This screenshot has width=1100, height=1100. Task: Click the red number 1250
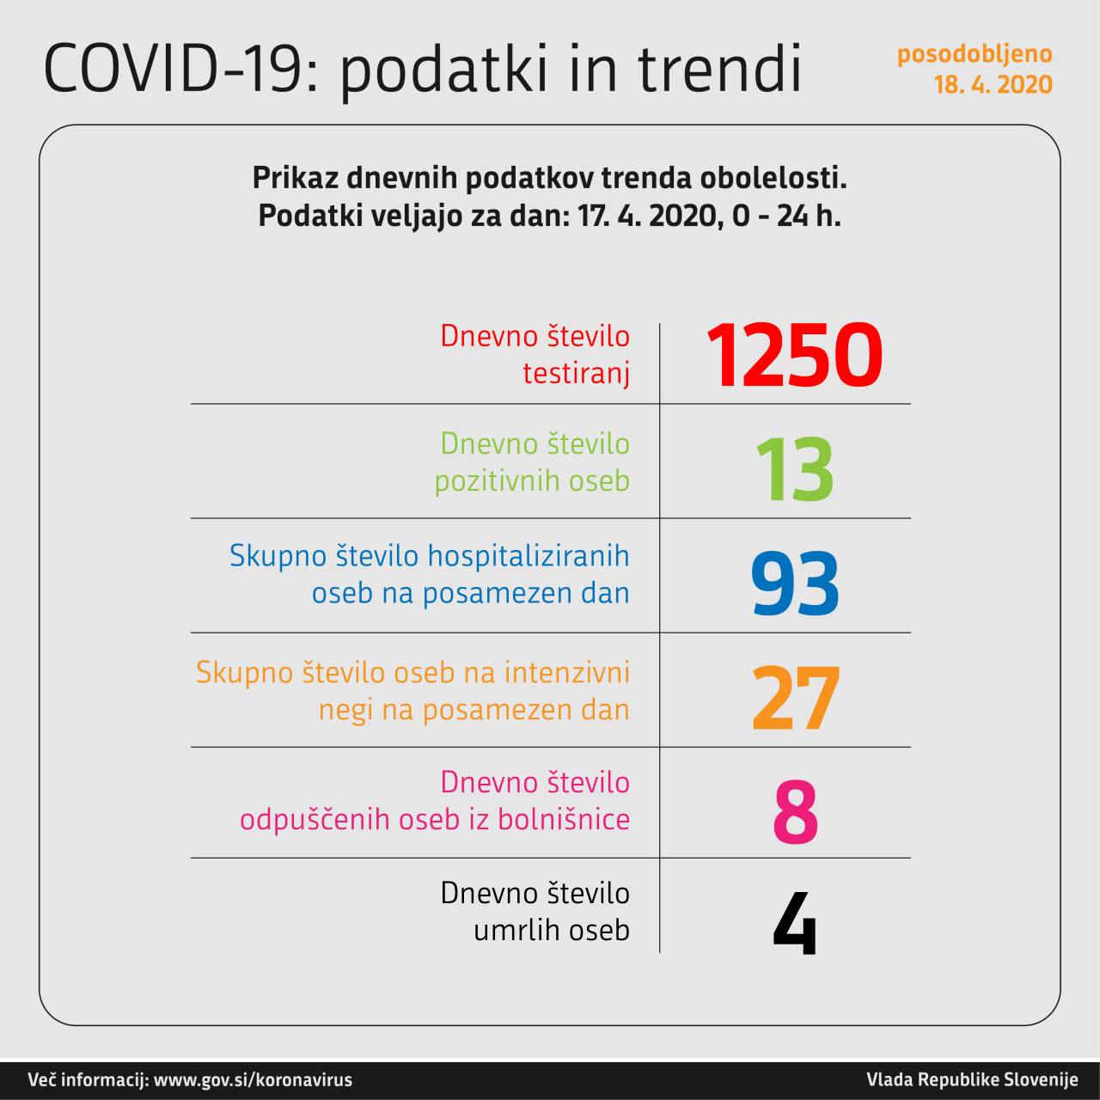pos(794,355)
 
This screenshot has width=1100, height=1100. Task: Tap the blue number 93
pos(794,584)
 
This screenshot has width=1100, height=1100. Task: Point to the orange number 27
pos(794,698)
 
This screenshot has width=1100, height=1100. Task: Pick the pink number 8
pos(795,811)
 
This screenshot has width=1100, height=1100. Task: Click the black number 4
pos(794,924)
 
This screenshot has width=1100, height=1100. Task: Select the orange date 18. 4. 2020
pos(993,84)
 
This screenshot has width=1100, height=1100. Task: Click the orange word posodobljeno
pos(975,53)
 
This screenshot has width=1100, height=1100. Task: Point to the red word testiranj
pos(576,374)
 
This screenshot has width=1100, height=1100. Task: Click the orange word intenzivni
pos(566,672)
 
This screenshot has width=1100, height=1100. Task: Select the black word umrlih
pos(512,930)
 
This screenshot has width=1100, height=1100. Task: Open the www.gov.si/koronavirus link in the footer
pos(253,1080)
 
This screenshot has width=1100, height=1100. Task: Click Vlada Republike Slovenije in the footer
pos(971,1080)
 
